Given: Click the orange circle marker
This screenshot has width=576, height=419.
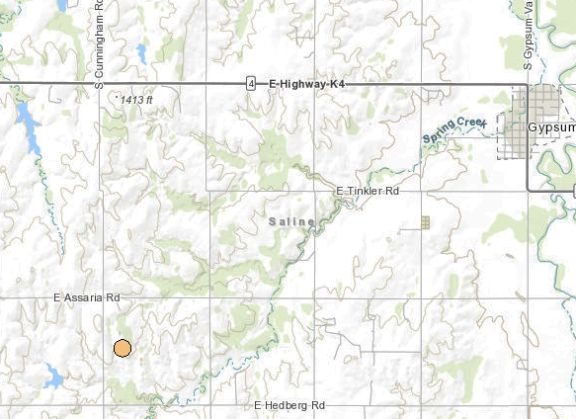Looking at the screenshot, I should (122, 348).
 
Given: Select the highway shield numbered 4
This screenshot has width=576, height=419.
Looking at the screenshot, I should (251, 85).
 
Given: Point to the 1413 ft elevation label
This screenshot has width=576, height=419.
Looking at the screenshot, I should (136, 100).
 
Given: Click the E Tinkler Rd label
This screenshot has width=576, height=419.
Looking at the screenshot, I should (367, 190).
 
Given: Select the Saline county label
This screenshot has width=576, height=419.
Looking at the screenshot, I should (291, 221).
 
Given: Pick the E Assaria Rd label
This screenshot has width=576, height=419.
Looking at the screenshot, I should (87, 296).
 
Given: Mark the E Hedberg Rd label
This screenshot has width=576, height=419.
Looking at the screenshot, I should (289, 405).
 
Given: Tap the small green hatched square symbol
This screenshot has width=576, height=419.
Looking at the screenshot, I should (426, 222).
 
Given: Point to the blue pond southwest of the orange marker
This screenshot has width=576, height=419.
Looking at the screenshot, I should (53, 377).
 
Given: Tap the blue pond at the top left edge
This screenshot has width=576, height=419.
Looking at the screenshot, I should (61, 5).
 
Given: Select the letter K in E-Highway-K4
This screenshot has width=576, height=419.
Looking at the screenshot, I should (334, 85).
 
